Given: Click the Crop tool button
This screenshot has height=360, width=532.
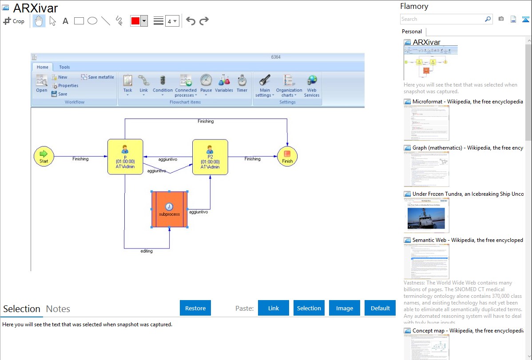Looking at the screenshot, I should [14, 21].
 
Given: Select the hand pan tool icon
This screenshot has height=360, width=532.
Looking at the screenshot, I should [39, 21].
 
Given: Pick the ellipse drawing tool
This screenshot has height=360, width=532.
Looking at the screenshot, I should [92, 21].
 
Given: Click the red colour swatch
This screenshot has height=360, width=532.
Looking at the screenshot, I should [135, 21].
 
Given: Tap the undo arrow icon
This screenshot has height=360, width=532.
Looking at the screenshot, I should [191, 21].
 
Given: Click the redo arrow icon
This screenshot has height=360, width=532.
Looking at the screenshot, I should [204, 21].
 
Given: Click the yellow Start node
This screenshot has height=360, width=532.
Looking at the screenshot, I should [44, 157].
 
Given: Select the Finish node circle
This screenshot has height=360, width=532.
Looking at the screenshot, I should [287, 157].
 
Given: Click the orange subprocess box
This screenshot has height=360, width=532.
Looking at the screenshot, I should [169, 210].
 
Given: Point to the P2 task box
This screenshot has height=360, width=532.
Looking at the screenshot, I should [210, 157].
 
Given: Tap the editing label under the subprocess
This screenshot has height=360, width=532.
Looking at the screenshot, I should [147, 251].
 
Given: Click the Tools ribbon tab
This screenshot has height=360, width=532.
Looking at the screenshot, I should [64, 67].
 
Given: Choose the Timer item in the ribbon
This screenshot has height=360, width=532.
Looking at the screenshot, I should [242, 83].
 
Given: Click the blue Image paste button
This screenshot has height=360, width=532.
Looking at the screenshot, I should [345, 308].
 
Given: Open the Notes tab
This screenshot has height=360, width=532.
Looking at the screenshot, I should [58, 309].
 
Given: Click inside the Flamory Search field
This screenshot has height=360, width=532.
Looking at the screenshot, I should [442, 19].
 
